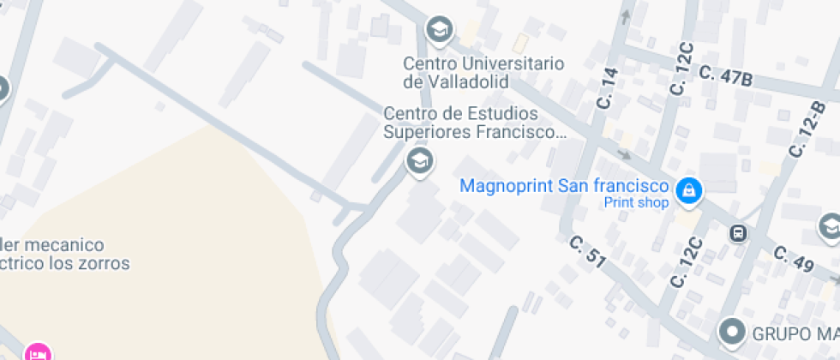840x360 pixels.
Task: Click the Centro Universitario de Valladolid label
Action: coord(483,72)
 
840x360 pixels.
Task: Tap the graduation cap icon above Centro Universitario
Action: coord(440,29)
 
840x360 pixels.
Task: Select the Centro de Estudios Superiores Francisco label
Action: coord(474,123)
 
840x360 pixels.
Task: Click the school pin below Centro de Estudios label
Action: coord(419,160)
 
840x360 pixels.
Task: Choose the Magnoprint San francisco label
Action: coord(564,186)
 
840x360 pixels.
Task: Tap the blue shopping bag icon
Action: coord(687,191)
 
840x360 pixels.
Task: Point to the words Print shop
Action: coord(636,203)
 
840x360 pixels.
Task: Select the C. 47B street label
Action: coord(725,76)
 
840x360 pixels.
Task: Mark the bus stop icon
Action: coord(737,232)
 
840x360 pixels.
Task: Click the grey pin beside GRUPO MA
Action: coord(731,330)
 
